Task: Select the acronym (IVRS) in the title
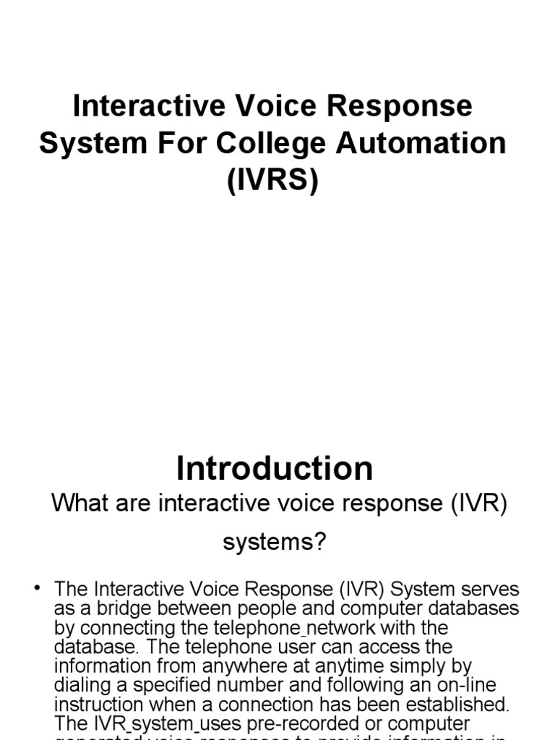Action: tap(273, 180)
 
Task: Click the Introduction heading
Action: tap(275, 468)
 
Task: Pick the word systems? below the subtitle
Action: tap(275, 542)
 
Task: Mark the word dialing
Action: tap(82, 684)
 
